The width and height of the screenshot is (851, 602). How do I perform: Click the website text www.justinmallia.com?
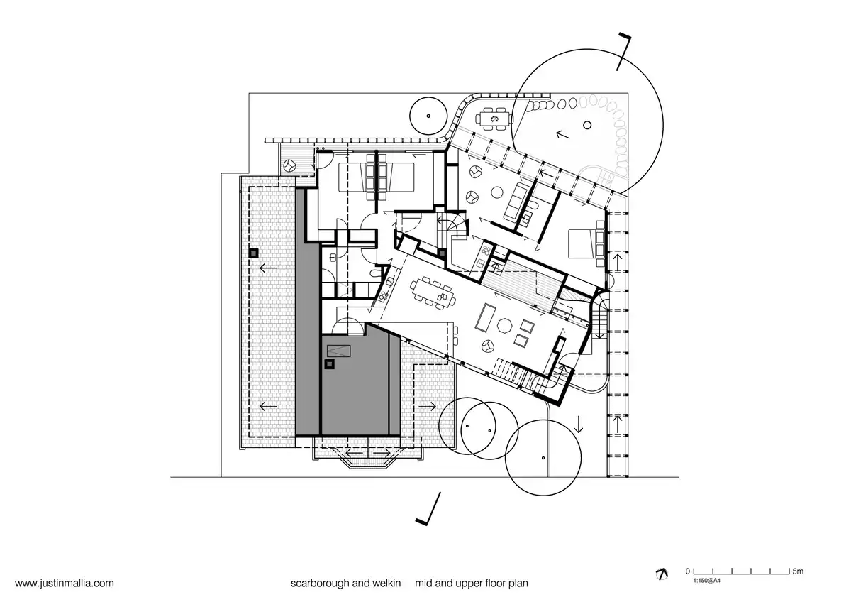click(65, 583)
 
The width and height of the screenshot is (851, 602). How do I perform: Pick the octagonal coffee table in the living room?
click(505, 326)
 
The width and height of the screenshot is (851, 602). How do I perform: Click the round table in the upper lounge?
click(497, 192)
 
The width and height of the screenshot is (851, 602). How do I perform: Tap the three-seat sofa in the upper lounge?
click(515, 202)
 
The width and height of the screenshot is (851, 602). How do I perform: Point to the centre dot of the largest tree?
click(587, 125)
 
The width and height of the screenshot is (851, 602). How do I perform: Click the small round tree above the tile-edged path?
click(428, 116)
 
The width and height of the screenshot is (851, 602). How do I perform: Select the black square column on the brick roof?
click(254, 253)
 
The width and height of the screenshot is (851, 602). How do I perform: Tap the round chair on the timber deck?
click(290, 165)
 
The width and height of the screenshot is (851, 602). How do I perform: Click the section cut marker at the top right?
click(623, 52)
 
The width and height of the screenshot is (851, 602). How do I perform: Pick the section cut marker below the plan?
click(428, 509)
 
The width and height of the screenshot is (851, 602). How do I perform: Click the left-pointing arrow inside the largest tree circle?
click(562, 134)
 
